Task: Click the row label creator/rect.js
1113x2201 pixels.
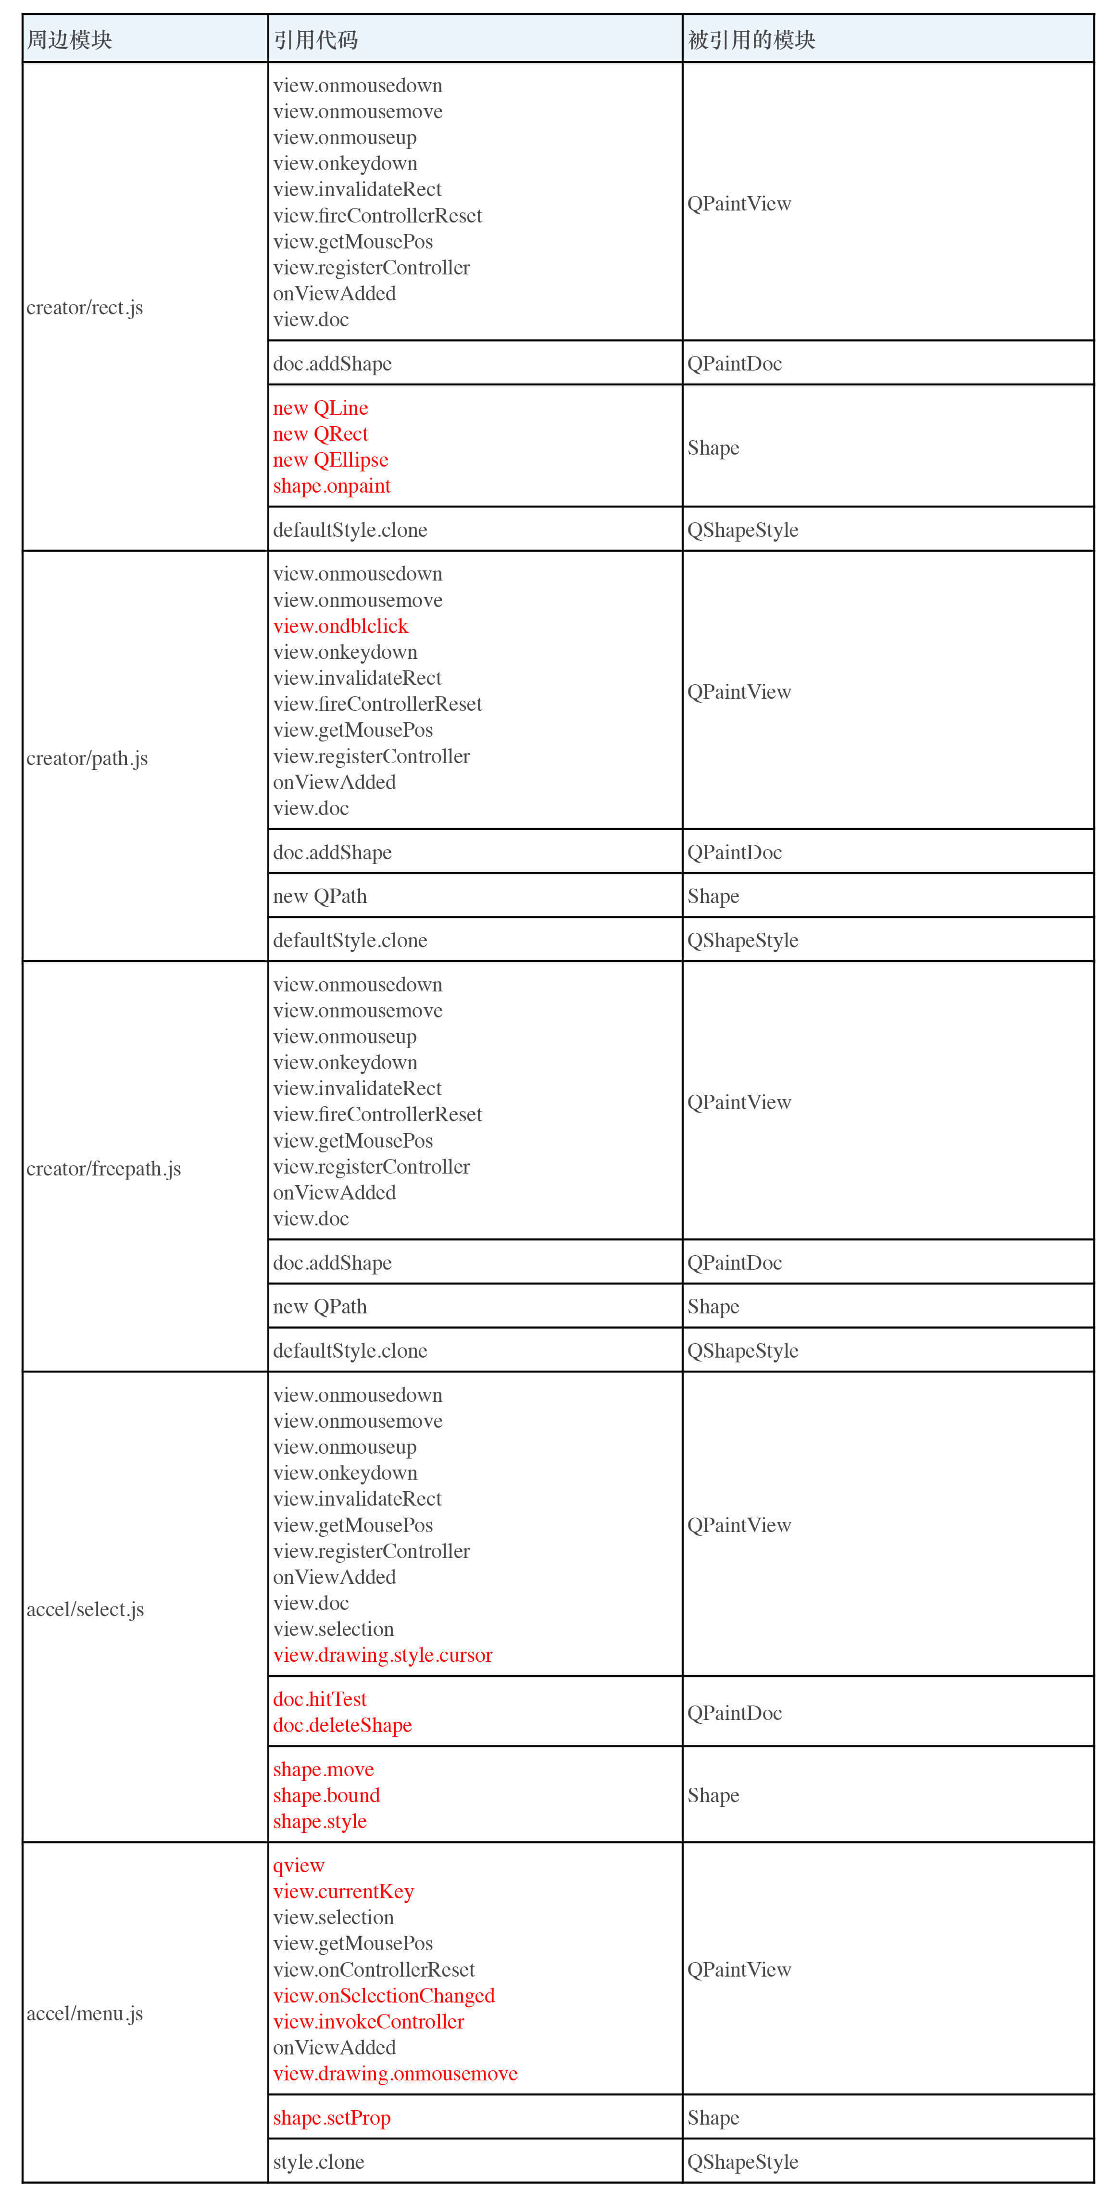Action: pos(85,308)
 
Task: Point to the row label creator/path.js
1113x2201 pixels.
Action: pos(87,759)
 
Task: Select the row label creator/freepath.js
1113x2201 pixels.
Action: pos(103,1169)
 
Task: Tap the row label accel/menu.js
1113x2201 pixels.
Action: pos(85,2014)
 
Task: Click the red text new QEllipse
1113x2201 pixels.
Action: pos(331,460)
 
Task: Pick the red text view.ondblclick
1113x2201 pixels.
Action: pos(341,626)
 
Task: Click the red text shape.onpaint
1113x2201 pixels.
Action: pos(332,486)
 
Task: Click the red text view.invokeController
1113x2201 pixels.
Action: pos(368,2022)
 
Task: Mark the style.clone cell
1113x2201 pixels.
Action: pos(319,2162)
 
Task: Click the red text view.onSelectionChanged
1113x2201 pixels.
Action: pos(384,1996)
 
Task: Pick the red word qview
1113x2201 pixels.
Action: pos(299,1866)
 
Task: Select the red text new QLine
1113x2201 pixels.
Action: pos(321,408)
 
